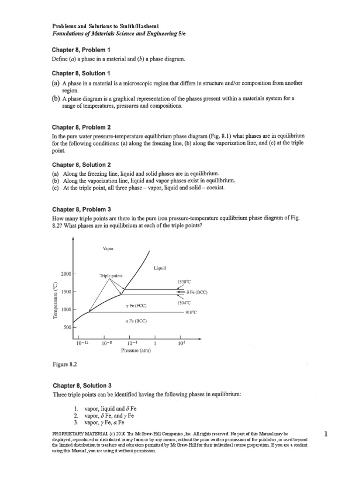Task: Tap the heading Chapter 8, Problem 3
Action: (82, 209)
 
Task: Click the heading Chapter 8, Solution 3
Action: (82, 385)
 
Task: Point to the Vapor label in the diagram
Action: (108, 248)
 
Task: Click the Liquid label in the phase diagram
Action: (160, 268)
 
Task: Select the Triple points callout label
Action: (111, 276)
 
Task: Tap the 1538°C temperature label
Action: (183, 281)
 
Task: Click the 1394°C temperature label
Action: (183, 303)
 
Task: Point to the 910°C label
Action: (193, 312)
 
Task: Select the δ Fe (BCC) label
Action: (196, 292)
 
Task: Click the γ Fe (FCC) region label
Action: (136, 306)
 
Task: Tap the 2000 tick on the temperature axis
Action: (65, 273)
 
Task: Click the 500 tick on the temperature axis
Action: (67, 328)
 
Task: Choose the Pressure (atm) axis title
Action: (136, 350)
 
